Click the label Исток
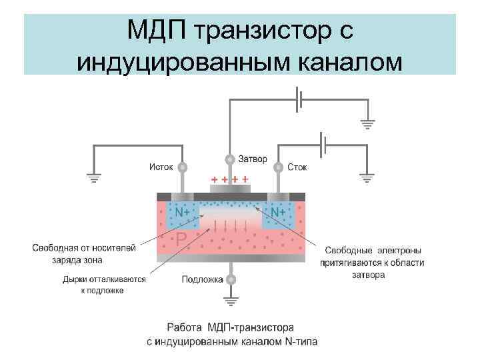[161, 167]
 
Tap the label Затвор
[252, 159]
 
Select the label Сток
[297, 167]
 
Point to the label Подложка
[202, 279]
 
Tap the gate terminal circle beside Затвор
[230, 159]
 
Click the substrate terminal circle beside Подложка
[231, 279]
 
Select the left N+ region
[181, 211]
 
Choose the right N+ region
[278, 211]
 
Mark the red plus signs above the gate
[230, 179]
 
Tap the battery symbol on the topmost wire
[301, 99]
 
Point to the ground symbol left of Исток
[93, 178]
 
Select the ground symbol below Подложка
[231, 301]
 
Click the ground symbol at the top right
[367, 123]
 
